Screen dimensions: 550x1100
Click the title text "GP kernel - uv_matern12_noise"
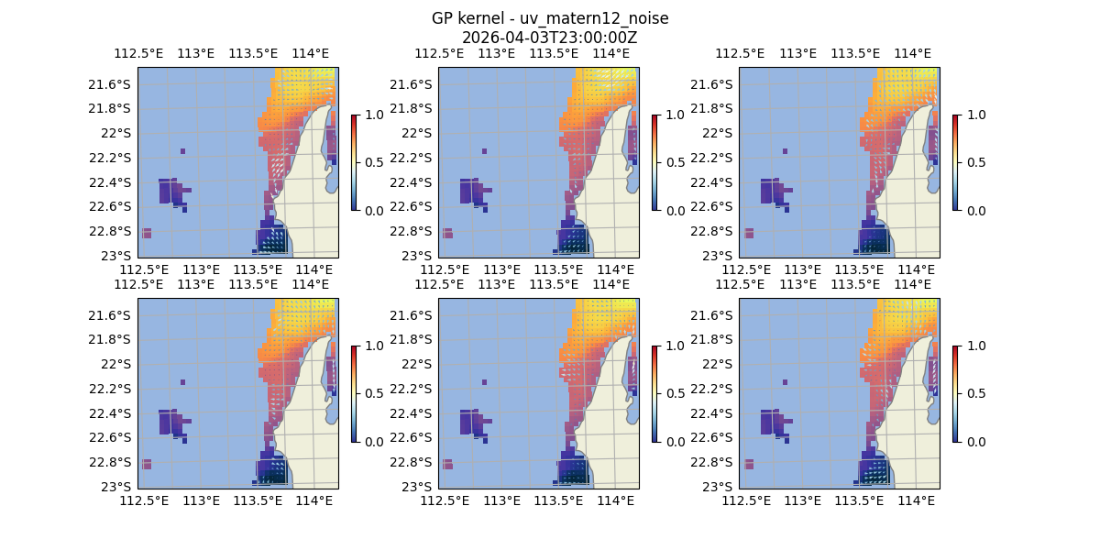pos(549,18)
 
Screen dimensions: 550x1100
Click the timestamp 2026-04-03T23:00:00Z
pos(549,38)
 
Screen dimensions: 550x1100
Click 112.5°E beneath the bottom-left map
pos(144,500)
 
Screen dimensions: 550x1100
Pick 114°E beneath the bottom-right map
pos(917,500)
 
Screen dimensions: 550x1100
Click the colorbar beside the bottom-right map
pos(955,393)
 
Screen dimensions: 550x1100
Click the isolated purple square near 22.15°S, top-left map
pos(183,151)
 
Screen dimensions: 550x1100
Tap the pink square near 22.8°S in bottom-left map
pos(147,464)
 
